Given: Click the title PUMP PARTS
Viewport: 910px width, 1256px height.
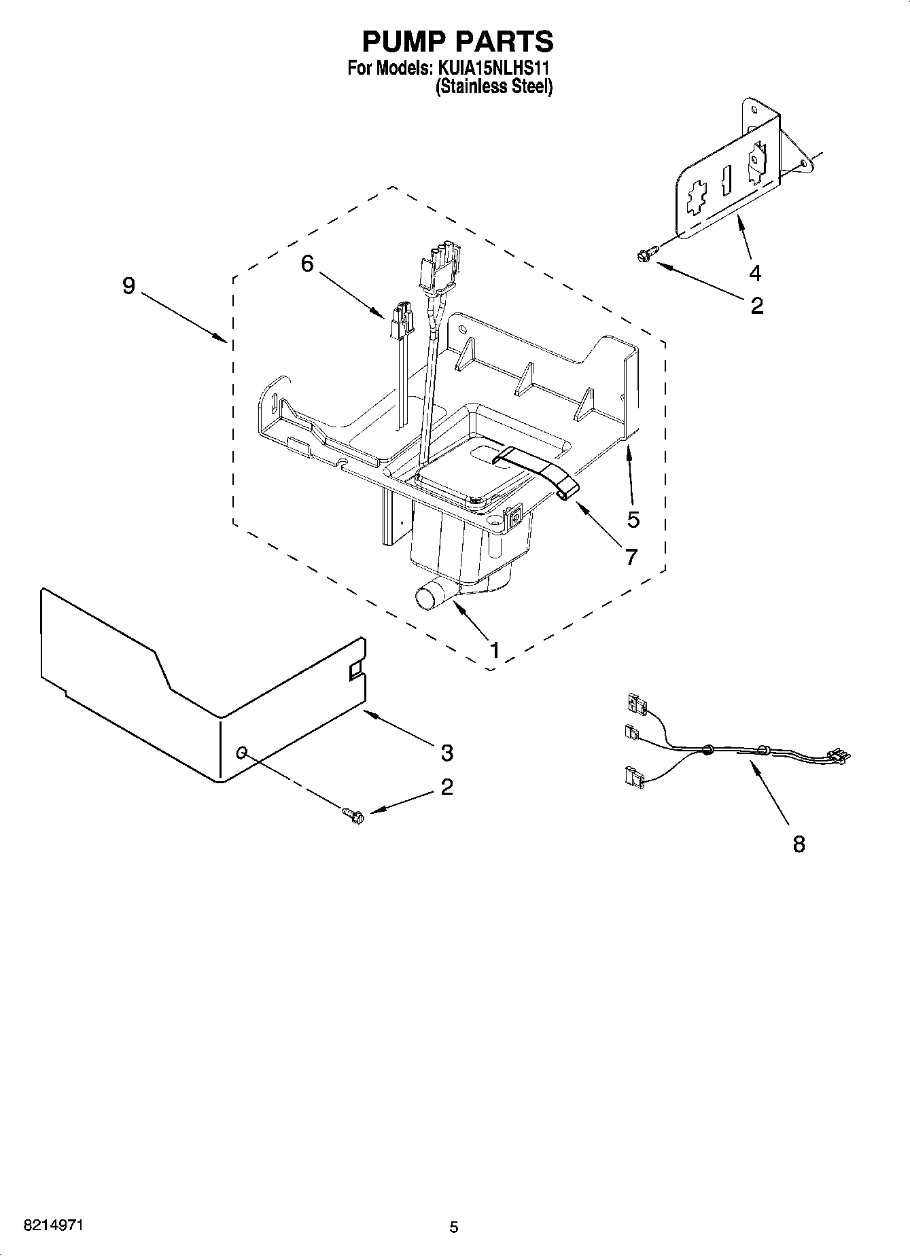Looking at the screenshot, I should coord(457,41).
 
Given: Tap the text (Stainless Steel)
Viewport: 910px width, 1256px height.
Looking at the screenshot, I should coord(493,86).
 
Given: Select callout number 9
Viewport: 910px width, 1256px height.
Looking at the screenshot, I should coord(129,286).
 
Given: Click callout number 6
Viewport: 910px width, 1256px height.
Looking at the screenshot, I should coord(307,264).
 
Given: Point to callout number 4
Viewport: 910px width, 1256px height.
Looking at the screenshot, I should coord(754,273).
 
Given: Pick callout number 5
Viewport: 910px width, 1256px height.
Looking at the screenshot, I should coord(633,520).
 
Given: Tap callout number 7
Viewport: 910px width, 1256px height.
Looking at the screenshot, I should coord(631,557).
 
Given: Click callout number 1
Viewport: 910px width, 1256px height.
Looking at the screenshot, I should coord(495,650).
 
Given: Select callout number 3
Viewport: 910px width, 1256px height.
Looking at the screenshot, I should coord(447,752).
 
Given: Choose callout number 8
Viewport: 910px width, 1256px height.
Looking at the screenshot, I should coord(799,844).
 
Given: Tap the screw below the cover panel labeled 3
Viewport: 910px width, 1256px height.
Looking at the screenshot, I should coord(353,813).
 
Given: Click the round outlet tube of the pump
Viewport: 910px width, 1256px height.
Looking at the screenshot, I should coord(428,598).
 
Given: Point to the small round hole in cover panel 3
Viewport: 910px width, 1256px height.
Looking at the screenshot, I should coord(241,752).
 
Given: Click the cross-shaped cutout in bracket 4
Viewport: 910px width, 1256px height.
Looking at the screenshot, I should coord(695,200).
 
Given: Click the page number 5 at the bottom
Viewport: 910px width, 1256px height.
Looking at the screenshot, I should coord(454,1227).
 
